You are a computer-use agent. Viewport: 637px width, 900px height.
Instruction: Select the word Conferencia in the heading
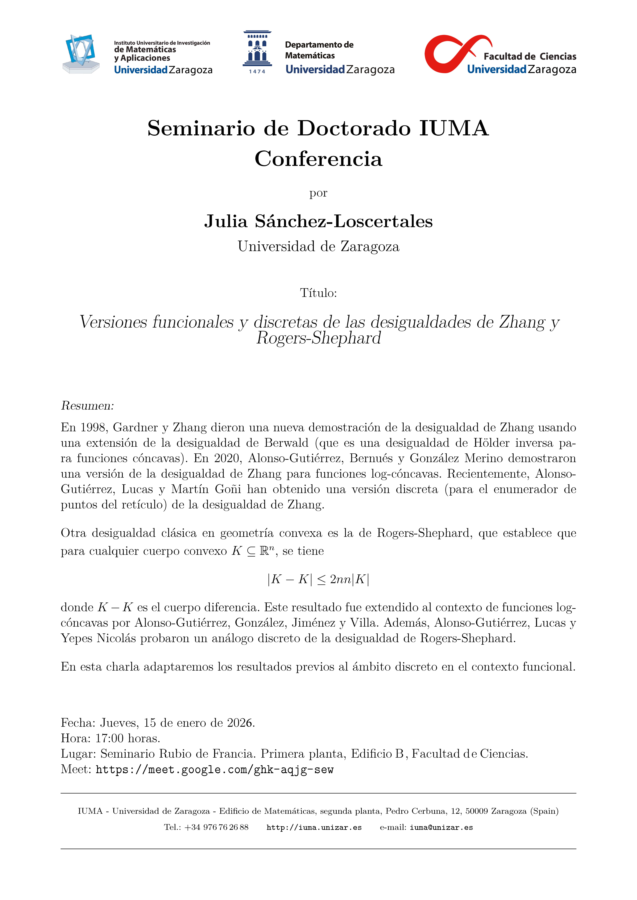coord(318,159)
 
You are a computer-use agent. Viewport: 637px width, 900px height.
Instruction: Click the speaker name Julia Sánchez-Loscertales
coord(318,222)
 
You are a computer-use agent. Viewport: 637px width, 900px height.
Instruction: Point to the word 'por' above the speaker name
coord(318,193)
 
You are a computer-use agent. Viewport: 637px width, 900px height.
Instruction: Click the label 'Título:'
coord(318,293)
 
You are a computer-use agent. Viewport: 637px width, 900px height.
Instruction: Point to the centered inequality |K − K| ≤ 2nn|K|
coord(318,579)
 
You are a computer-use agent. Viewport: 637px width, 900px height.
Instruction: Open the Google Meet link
coord(215,770)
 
